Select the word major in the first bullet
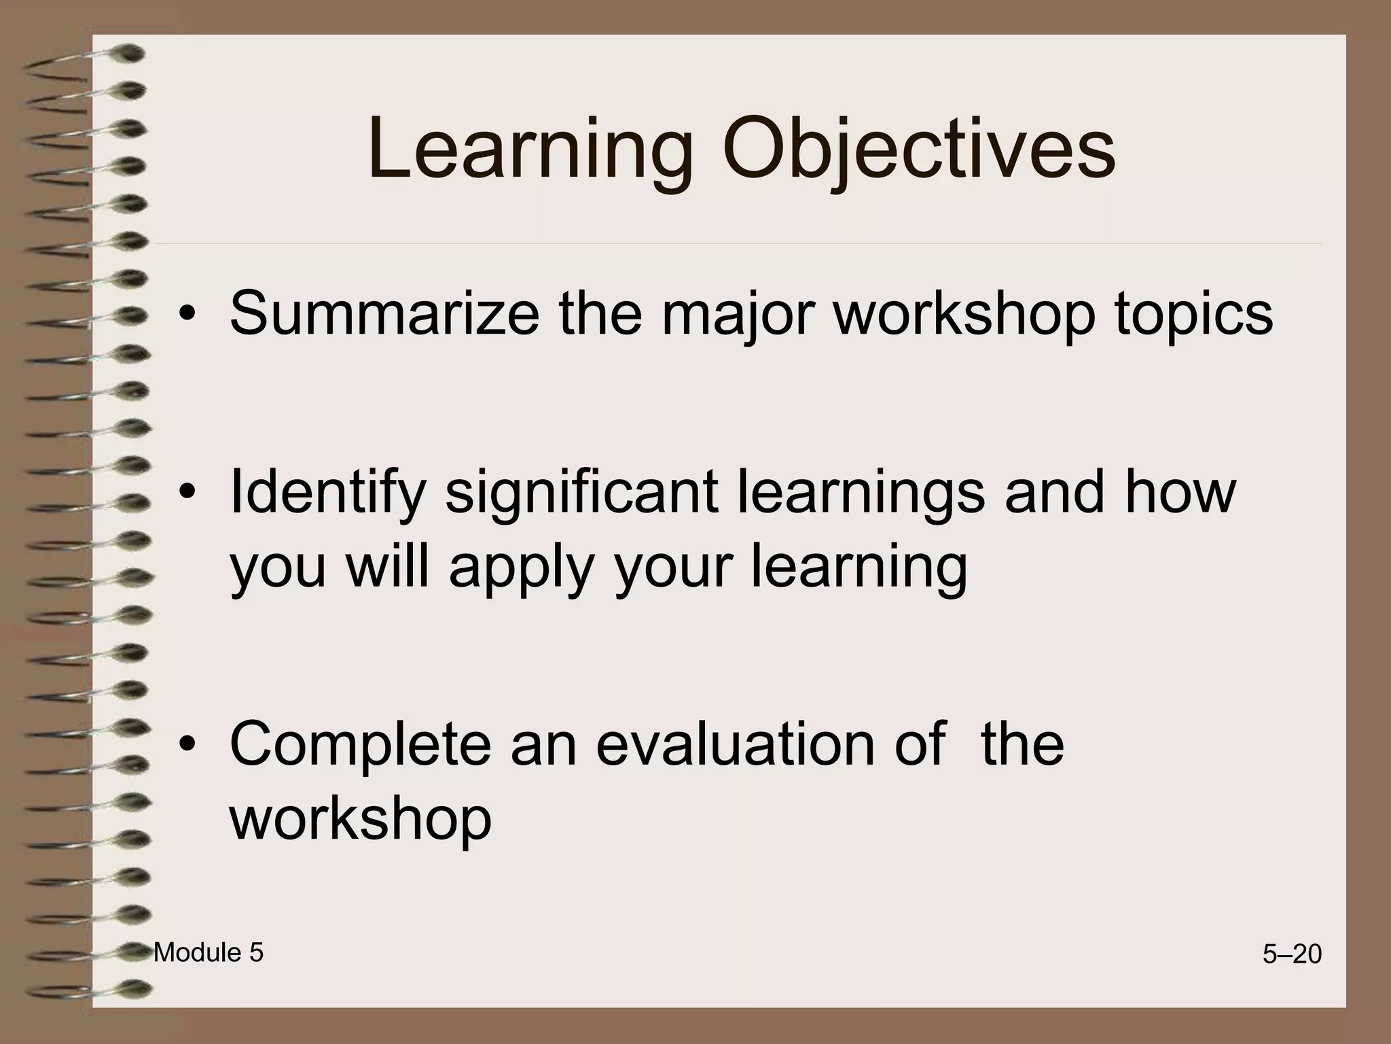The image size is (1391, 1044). [x=737, y=313]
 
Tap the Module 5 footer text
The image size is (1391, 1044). [x=209, y=953]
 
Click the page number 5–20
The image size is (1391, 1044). [x=1292, y=955]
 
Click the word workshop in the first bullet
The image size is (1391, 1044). [x=964, y=313]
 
